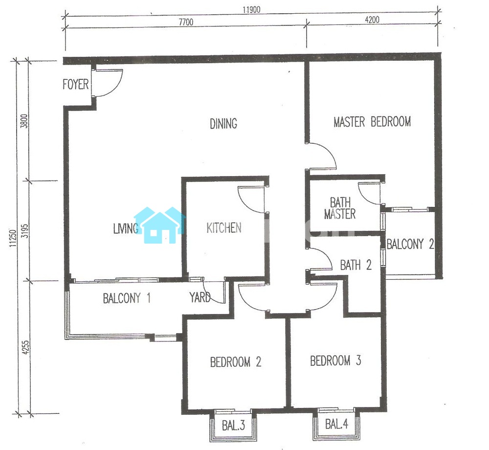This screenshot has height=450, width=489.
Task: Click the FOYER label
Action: pos(75,84)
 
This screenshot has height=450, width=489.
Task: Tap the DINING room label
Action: pos(223,123)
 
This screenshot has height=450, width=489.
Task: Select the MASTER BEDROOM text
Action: pos(372,122)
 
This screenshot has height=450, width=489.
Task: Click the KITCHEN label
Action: pos(224,228)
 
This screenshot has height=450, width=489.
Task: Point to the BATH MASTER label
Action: pos(340,208)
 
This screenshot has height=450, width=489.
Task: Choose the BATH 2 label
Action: pos(356,265)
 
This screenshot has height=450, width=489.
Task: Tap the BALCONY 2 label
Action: pos(410,244)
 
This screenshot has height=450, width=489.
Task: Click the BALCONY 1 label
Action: pos(127,298)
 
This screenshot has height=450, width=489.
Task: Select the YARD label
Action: pos(200,297)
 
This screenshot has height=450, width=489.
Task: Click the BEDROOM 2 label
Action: pos(236,362)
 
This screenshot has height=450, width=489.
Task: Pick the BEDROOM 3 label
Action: pos(335,360)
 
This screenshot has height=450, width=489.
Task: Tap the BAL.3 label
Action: pos(233,426)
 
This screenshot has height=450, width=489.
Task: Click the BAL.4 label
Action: pos(336,424)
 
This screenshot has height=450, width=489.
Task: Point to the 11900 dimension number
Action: pos(251,10)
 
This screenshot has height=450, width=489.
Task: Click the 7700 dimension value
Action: pos(186,22)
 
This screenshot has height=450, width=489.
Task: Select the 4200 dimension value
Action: pos(372,20)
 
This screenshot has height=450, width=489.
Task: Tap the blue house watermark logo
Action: pos(159,225)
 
